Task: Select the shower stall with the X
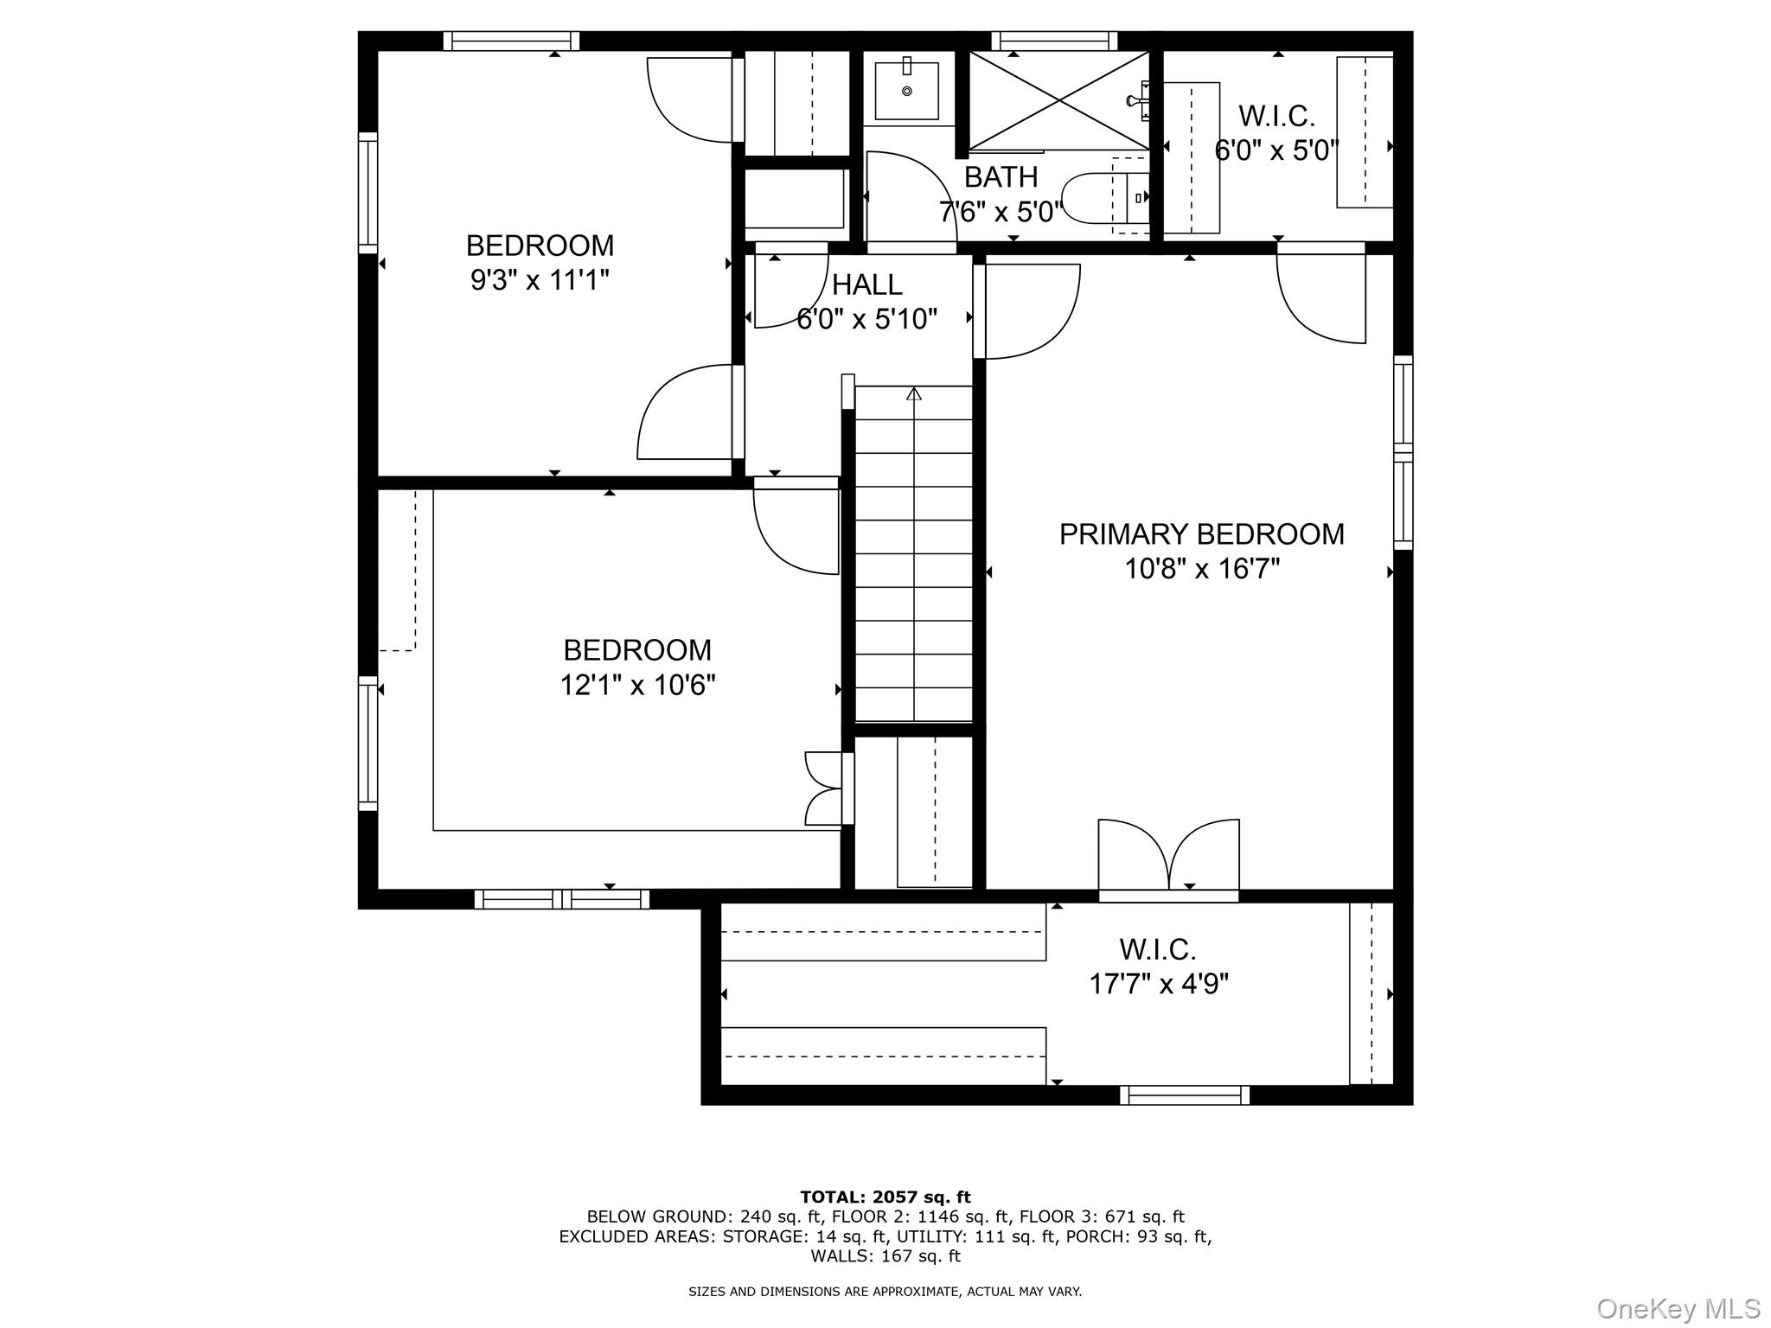click(1058, 100)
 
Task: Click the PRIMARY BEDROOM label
click(1201, 534)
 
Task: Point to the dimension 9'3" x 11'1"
click(540, 280)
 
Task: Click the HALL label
click(866, 284)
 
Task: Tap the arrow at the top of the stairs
click(914, 395)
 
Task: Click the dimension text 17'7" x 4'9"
click(1158, 984)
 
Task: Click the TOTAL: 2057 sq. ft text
click(885, 1197)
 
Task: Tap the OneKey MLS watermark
click(1678, 1308)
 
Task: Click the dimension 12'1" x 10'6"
click(637, 686)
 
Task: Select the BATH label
click(1001, 177)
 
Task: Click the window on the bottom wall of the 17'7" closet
click(1184, 1095)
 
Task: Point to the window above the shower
click(1053, 41)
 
